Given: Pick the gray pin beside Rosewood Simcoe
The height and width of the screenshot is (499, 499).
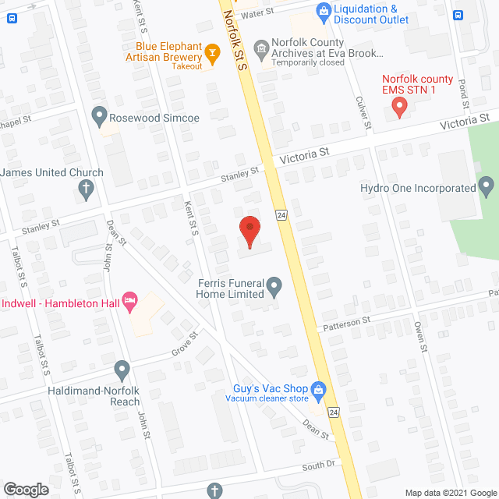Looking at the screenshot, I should click(99, 117).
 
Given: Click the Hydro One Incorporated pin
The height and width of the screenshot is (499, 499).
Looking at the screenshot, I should click(487, 187).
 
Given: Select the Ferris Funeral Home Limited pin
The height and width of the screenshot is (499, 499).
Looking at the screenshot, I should click(274, 288).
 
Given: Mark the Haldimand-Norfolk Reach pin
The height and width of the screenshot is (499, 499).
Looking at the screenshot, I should click(121, 367).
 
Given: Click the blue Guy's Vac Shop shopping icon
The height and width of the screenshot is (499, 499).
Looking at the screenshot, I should click(317, 388).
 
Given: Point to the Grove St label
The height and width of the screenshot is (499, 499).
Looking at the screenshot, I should click(186, 342).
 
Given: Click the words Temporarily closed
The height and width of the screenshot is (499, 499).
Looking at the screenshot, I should click(309, 62).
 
